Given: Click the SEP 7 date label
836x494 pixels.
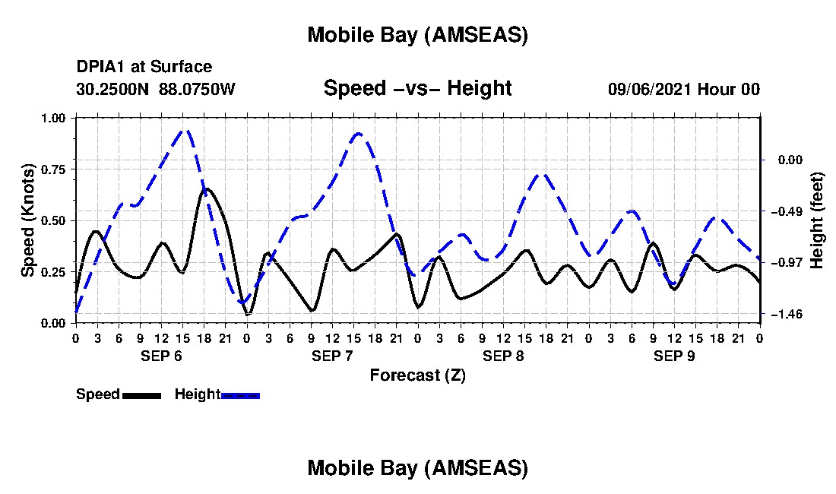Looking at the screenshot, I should [x=333, y=356].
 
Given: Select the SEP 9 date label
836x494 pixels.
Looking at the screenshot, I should [x=674, y=356].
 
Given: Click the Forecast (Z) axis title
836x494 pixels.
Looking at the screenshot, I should [x=417, y=375].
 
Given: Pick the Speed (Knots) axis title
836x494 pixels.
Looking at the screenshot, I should [x=28, y=220].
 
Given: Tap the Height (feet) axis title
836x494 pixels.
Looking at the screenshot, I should [x=817, y=220].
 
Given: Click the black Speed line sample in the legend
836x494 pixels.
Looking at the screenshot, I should [x=141, y=395].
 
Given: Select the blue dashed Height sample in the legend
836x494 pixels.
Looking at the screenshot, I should [x=240, y=395].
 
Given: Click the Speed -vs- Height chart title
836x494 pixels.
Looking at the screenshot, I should [x=417, y=88].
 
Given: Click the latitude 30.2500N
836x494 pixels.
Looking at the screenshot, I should [x=114, y=89].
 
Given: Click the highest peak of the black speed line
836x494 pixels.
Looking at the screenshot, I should [x=206, y=188].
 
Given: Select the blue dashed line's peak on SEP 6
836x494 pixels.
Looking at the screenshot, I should [x=183, y=131].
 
